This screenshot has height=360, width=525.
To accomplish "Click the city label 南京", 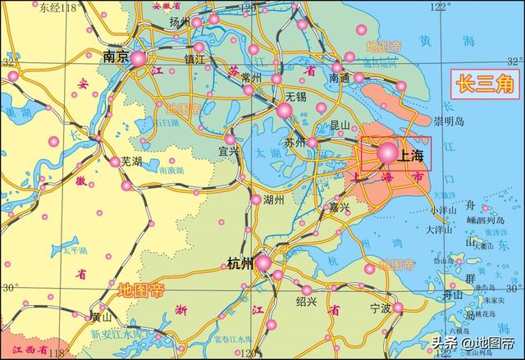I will [116, 57].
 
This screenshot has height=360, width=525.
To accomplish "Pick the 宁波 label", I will [381, 308].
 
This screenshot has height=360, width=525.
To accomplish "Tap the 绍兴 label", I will [306, 301].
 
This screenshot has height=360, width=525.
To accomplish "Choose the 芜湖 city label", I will [131, 162].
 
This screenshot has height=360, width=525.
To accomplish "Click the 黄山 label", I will [102, 316].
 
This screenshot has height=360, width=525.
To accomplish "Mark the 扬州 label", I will [179, 22].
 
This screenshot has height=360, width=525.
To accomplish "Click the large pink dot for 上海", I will [387, 151].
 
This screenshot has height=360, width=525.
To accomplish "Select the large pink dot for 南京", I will [139, 58].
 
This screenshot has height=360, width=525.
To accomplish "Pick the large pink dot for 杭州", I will [262, 262].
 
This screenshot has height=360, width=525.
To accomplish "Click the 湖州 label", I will [273, 199].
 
